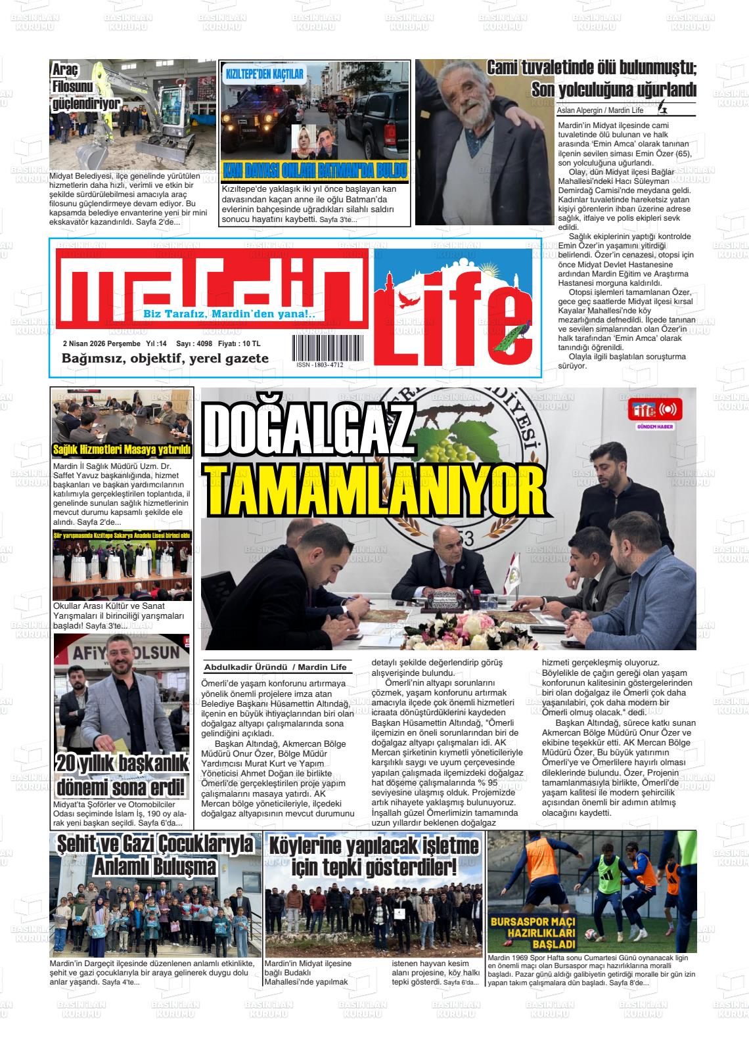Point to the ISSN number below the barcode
[320, 365]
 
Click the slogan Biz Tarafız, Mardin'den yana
[229, 315]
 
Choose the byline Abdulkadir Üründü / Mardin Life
[275, 667]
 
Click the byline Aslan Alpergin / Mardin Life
[600, 110]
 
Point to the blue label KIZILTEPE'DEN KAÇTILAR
[265, 74]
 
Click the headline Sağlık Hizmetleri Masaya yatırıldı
[122, 450]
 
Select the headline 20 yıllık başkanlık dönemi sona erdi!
[122, 775]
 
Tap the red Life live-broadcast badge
[655, 410]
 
